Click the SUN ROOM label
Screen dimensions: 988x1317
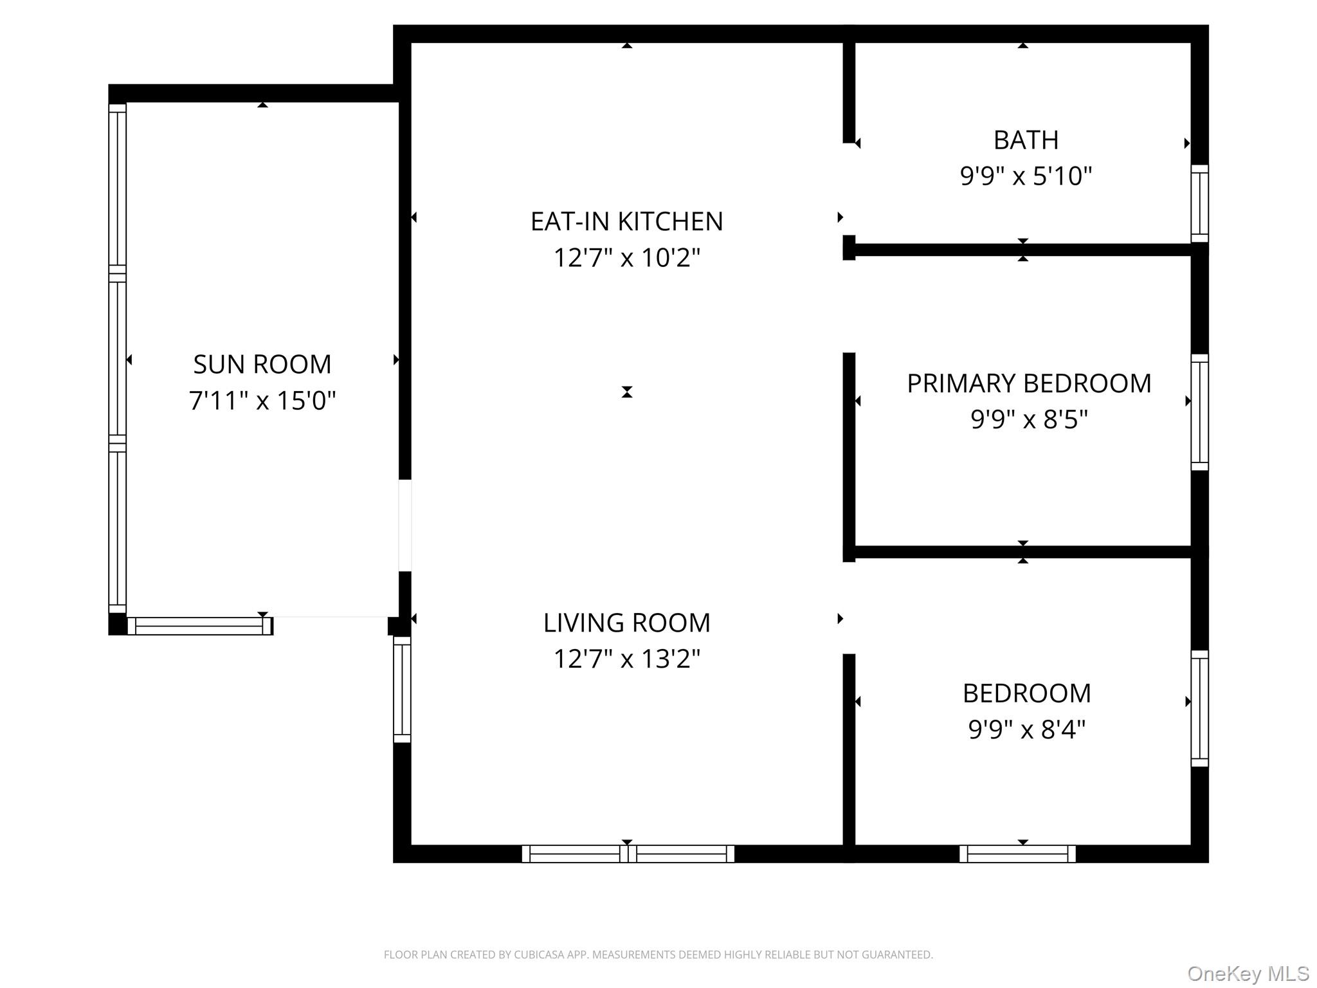[x=262, y=365]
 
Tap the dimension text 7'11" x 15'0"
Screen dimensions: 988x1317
[x=262, y=401]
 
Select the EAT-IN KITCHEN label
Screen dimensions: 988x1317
[x=626, y=222]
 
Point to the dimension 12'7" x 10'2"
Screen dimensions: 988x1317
[x=626, y=258]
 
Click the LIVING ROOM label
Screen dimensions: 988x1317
[x=626, y=623]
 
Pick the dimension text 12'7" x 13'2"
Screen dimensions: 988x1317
[x=626, y=659]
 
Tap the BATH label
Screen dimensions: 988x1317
[x=1026, y=140]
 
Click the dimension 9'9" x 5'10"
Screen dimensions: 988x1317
[x=1026, y=176]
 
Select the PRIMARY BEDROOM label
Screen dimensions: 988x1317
[x=1029, y=383]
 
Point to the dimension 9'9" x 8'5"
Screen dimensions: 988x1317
[x=1029, y=419]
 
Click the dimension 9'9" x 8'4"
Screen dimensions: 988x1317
[x=1027, y=729]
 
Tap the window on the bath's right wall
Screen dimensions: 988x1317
[x=1199, y=203]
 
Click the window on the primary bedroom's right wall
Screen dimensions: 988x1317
[x=1199, y=412]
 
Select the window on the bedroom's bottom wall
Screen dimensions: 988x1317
[x=1017, y=854]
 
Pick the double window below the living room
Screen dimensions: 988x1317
[x=628, y=854]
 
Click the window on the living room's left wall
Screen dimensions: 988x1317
[x=402, y=689]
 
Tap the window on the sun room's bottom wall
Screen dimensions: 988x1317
[x=200, y=626]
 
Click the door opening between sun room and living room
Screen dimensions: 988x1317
[x=404, y=526]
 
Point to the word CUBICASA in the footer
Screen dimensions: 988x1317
[x=539, y=955]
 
